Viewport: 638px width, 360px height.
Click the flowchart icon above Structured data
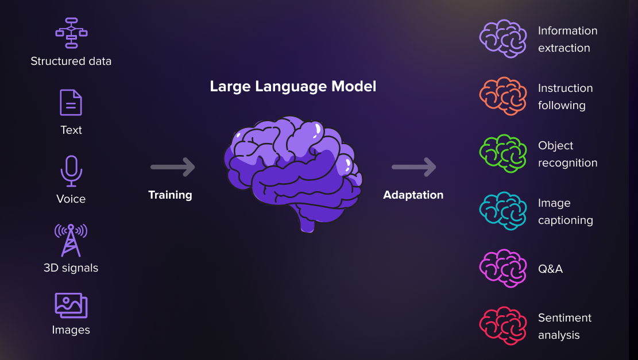71,33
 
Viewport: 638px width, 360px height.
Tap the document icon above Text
71,102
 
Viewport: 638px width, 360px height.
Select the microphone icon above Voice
71,171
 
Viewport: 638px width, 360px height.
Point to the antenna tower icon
71,240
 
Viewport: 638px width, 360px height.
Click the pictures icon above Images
71,305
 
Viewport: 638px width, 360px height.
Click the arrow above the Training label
172,167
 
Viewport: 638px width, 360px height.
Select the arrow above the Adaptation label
413,167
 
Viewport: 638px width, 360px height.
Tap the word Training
170,195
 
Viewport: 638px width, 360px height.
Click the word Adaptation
413,195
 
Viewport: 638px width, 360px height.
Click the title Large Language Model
293,87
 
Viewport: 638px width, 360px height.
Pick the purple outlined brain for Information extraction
503,38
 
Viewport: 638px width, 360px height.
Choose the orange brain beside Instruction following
503,96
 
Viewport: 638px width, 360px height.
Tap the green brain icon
503,153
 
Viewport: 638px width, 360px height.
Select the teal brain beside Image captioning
503,211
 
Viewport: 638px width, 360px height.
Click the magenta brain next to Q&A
503,268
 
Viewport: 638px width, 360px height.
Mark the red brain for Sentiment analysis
503,326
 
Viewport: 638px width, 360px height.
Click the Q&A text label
550,269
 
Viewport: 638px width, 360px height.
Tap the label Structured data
71,61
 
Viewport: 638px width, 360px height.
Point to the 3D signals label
71,268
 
